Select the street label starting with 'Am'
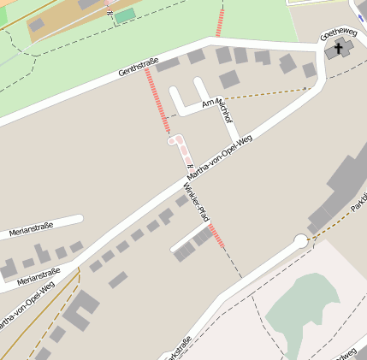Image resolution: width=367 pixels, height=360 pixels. pos(217,110)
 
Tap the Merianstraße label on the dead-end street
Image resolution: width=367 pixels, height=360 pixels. pos(32,227)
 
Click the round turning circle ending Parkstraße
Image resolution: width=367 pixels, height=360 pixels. pos(300,241)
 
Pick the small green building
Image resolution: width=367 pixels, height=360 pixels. pos(125,15)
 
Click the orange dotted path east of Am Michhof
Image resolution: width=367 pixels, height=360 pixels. pos(265,94)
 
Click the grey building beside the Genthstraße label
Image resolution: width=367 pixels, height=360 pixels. pos(168,63)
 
